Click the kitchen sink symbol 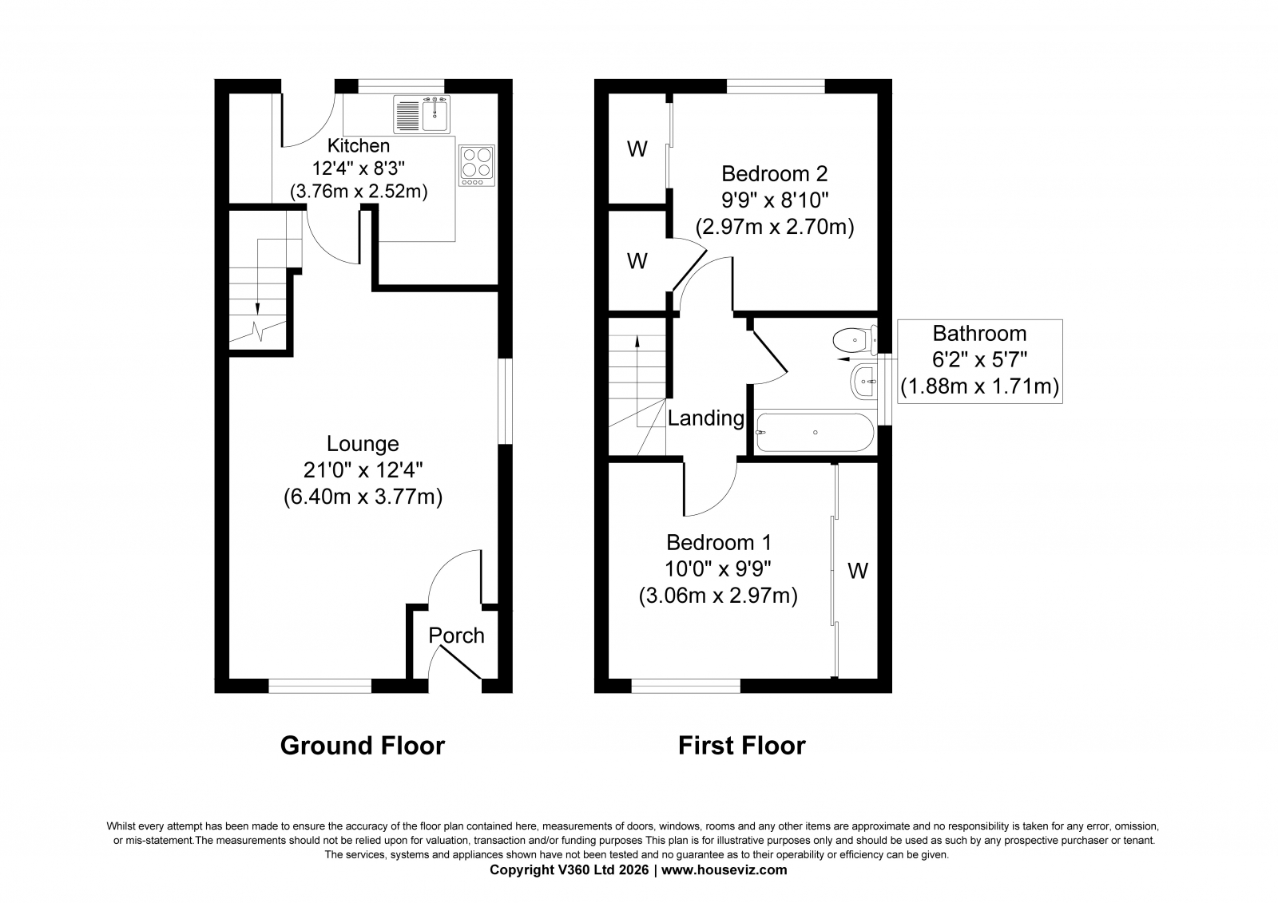[422, 114]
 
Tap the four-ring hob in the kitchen [477, 165]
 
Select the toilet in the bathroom [855, 341]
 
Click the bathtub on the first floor [815, 433]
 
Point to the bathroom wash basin [863, 382]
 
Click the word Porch [456, 636]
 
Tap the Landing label [706, 418]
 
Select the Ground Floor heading [363, 746]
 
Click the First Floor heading [742, 746]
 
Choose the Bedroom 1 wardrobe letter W [858, 570]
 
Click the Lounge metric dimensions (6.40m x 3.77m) [363, 497]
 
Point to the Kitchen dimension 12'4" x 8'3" [359, 168]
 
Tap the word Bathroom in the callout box [979, 333]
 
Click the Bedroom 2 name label [774, 173]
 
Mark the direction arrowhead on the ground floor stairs [258, 308]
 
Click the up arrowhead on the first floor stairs [637, 342]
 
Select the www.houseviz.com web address [724, 870]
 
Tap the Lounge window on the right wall [506, 401]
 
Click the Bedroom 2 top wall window [776, 86]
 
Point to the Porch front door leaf [461, 662]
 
